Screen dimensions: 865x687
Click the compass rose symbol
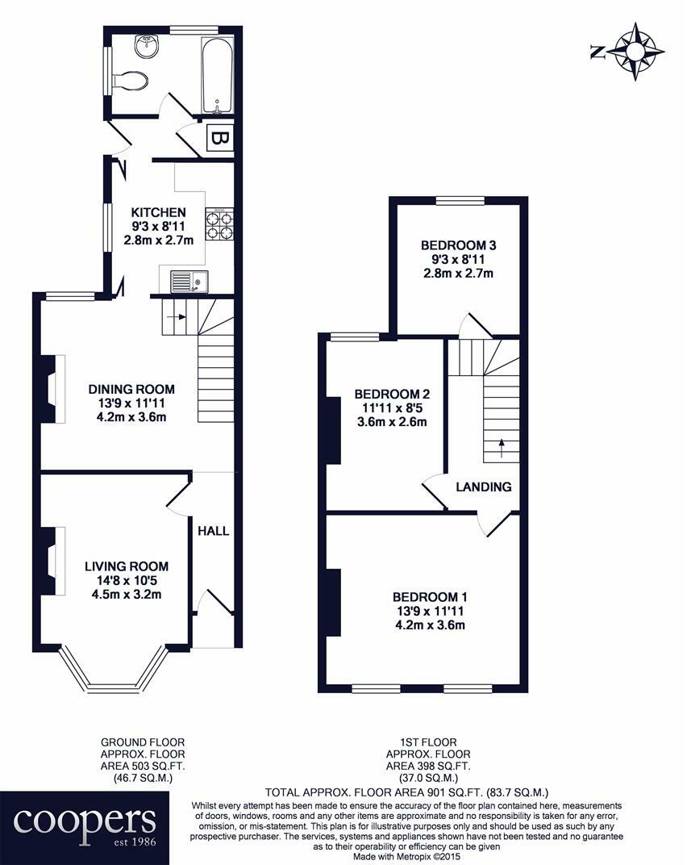point(636,52)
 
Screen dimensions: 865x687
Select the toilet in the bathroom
point(132,80)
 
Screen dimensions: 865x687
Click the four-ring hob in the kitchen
point(219,224)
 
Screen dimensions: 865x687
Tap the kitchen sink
point(188,282)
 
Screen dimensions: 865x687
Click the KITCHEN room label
point(160,212)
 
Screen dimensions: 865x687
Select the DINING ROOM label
point(131,388)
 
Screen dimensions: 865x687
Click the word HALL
point(214,531)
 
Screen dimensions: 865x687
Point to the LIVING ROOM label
point(126,566)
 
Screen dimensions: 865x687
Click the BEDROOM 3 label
point(457,245)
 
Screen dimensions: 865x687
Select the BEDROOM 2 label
point(392,394)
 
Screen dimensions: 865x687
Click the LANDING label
point(484,487)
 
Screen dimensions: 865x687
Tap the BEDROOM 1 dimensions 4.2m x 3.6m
point(430,624)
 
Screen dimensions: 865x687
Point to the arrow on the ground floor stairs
point(176,316)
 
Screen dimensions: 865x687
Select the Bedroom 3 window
point(460,199)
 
